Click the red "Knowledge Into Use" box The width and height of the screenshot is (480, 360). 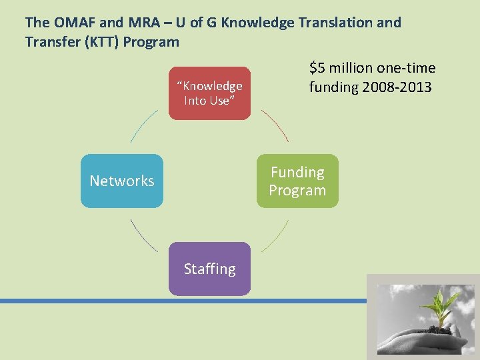coord(209,93)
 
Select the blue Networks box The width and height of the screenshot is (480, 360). coord(122,181)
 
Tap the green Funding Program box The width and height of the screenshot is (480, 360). coord(297,181)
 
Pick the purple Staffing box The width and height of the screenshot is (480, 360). coord(209,269)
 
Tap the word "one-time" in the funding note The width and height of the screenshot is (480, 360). coord(408,68)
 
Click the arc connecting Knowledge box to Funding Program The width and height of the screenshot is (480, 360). coord(275,125)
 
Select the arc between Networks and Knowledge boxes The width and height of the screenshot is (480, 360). coord(143,125)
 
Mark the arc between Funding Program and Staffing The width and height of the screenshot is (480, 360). coord(275,236)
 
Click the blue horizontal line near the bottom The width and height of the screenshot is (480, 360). coord(180,301)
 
